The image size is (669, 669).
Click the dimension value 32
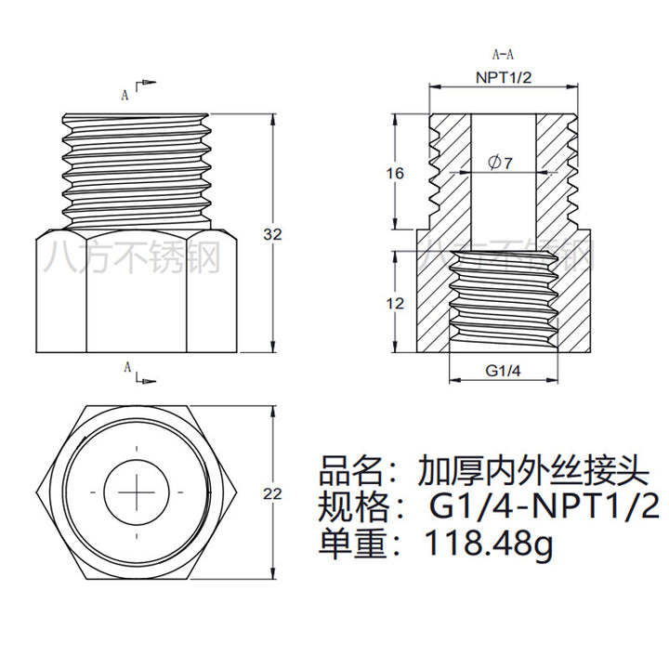[272, 235]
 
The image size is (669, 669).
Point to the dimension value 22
[272, 494]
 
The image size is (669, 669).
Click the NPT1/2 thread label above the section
[504, 78]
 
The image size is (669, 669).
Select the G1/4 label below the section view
[504, 370]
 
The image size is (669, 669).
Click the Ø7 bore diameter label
[501, 163]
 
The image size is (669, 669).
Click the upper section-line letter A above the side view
[125, 93]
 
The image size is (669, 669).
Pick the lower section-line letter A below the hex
[127, 369]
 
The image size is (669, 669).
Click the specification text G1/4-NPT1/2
[543, 506]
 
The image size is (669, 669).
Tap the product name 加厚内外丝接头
[531, 468]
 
